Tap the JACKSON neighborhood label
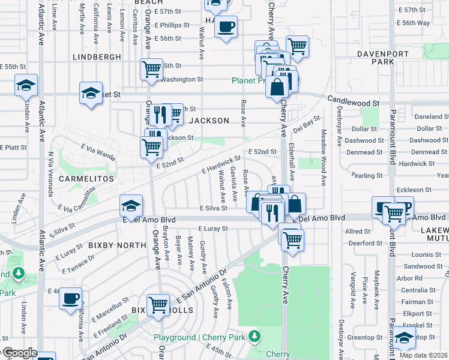[209, 121]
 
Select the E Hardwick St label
[221, 165]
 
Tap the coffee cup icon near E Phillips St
[226, 26]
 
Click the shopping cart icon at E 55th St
[151, 68]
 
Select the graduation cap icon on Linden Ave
[26, 85]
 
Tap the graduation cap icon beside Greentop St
[404, 337]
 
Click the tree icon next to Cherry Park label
[256, 335]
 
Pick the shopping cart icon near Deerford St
[292, 238]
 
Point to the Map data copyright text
[423, 355]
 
